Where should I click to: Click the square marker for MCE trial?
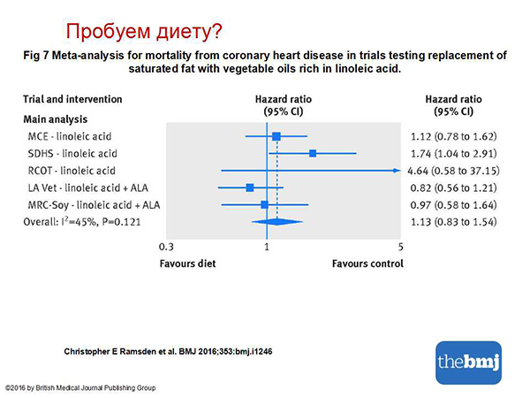point(276,136)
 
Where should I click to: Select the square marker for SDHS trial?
point(313,153)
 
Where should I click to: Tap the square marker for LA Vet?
point(250,188)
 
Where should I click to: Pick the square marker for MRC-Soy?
point(264,205)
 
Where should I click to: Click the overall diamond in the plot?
point(277,222)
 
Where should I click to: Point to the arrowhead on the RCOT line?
point(397,171)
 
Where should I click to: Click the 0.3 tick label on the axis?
point(166,247)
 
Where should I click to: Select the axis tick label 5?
point(400,247)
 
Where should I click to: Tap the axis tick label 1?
point(267,247)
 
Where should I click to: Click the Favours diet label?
point(187,264)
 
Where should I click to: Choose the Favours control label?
point(367,264)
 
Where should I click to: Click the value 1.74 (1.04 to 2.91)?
point(454,154)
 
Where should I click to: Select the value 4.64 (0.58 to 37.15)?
point(454,171)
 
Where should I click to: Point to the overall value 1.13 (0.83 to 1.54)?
point(454,222)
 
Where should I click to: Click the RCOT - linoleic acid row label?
point(72,171)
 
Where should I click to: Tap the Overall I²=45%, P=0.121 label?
point(82,222)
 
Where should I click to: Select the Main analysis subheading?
point(56,119)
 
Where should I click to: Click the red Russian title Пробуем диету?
point(144,32)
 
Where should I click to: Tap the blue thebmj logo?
point(468,363)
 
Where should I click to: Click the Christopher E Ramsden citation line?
point(168,352)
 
